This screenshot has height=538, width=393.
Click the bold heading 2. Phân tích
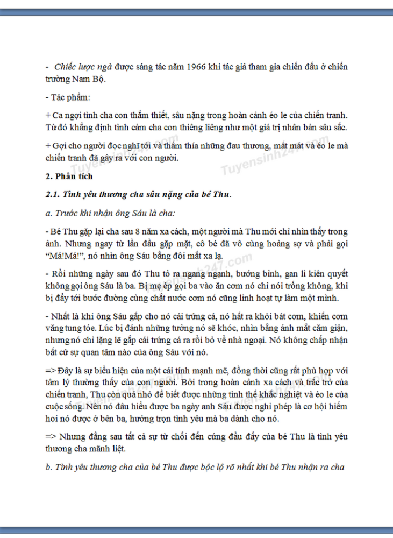coord(69,176)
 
